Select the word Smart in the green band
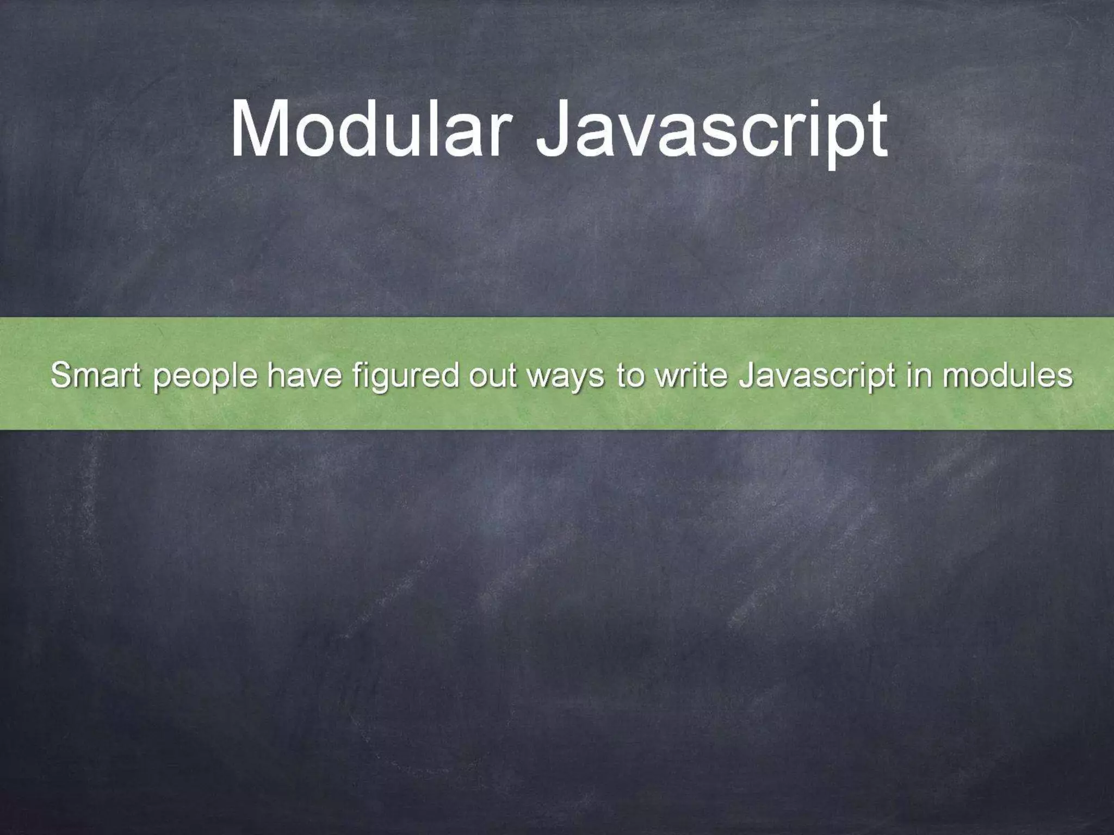(x=96, y=375)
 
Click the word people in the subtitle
(x=205, y=376)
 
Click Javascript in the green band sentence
(x=816, y=376)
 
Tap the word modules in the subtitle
(x=1008, y=375)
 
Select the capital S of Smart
(x=61, y=375)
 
